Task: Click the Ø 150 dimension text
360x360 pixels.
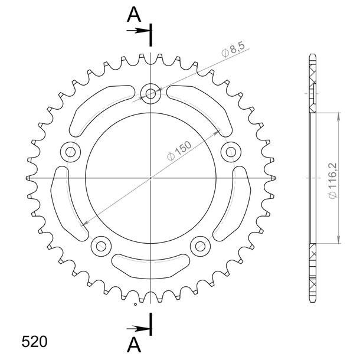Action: pyautogui.click(x=179, y=151)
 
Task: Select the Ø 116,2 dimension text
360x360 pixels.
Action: pyautogui.click(x=332, y=181)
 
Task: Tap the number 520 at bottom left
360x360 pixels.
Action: pyautogui.click(x=34, y=342)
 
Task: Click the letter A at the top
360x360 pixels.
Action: pyautogui.click(x=134, y=14)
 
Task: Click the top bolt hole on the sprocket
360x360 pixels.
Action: pyautogui.click(x=150, y=94)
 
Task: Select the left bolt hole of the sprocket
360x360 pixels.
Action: pyautogui.click(x=70, y=152)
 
